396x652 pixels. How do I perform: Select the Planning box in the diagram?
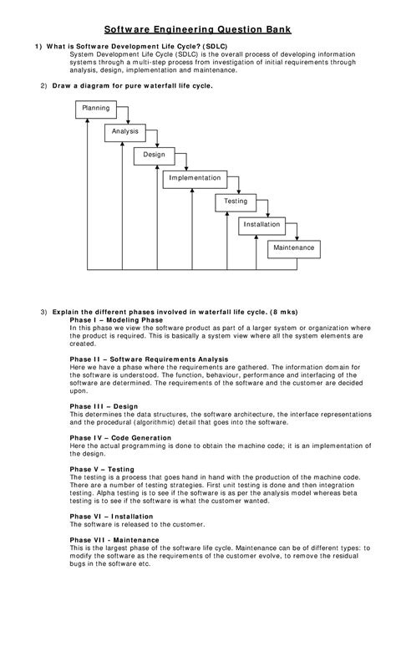click(95, 109)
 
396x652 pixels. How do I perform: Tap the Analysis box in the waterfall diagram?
click(125, 132)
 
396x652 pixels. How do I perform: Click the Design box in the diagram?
click(154, 155)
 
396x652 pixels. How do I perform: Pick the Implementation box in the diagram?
click(195, 178)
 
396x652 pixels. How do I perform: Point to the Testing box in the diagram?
click(236, 201)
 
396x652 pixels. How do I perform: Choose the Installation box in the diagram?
click(262, 225)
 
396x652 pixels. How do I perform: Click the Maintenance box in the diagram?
click(293, 248)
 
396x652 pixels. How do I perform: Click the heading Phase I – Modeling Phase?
click(116, 320)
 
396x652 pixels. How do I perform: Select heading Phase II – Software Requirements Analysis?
click(149, 359)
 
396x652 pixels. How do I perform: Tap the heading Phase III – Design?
click(104, 405)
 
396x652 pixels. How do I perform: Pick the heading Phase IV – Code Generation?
click(120, 437)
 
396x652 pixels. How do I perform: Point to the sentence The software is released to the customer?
click(137, 524)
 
